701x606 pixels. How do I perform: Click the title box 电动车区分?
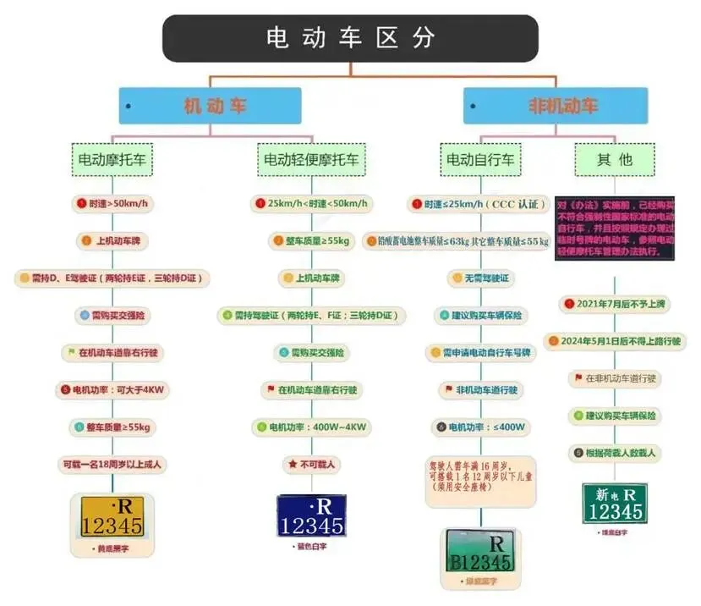coord(350,38)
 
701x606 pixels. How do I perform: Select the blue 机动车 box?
coord(210,107)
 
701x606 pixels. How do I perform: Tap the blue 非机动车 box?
coord(555,107)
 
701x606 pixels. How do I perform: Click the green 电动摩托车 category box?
coord(112,158)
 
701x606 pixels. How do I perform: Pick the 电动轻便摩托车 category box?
coord(311,158)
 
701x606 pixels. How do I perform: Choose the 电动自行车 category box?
coord(480,158)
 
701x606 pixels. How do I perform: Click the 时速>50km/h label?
coord(113,204)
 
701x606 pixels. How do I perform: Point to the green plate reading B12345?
coord(479,551)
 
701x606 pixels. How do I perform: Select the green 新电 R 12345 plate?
coord(615,504)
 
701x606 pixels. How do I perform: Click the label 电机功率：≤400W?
coord(479,427)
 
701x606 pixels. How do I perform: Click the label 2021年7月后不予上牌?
coord(614,303)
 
